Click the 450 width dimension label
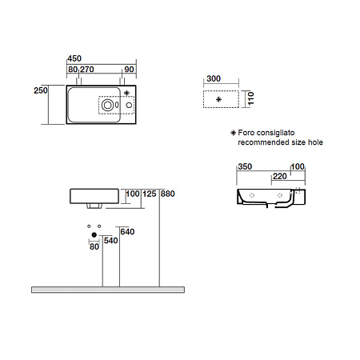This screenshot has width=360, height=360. click(74, 58)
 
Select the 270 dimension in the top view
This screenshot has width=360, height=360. click(87, 70)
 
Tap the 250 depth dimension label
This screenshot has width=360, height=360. click(41, 90)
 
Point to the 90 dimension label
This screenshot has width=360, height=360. click(129, 70)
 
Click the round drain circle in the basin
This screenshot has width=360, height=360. click(108, 105)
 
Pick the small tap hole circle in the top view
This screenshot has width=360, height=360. click(129, 105)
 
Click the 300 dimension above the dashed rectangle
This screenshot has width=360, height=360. click(214, 78)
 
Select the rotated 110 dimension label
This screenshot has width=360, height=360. click(250, 98)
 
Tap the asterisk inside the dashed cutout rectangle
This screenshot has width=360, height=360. click(218, 99)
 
